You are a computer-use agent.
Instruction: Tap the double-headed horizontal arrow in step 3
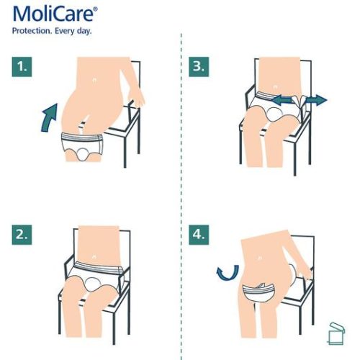coord(302,102)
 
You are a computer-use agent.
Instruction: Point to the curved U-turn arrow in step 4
coord(228,272)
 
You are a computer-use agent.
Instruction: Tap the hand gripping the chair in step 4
coord(307,272)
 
